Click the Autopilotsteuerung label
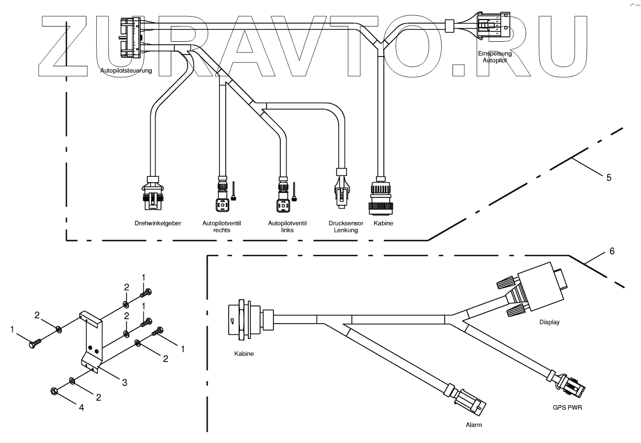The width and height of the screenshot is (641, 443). (x=126, y=71)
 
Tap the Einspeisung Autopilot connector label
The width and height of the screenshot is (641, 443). (x=495, y=56)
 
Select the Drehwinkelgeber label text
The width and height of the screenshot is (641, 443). (x=158, y=223)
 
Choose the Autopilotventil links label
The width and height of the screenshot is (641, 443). (x=287, y=226)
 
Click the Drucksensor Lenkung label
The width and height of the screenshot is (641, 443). (x=346, y=226)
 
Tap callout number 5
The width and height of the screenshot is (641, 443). (x=609, y=177)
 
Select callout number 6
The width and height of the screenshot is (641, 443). (x=612, y=251)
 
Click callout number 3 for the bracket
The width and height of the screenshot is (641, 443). (x=125, y=382)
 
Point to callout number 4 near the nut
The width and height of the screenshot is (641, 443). (x=82, y=407)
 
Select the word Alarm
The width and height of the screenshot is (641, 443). (x=473, y=425)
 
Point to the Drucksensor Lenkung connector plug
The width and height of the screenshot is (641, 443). (x=342, y=189)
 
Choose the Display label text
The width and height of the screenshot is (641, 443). (x=549, y=323)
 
